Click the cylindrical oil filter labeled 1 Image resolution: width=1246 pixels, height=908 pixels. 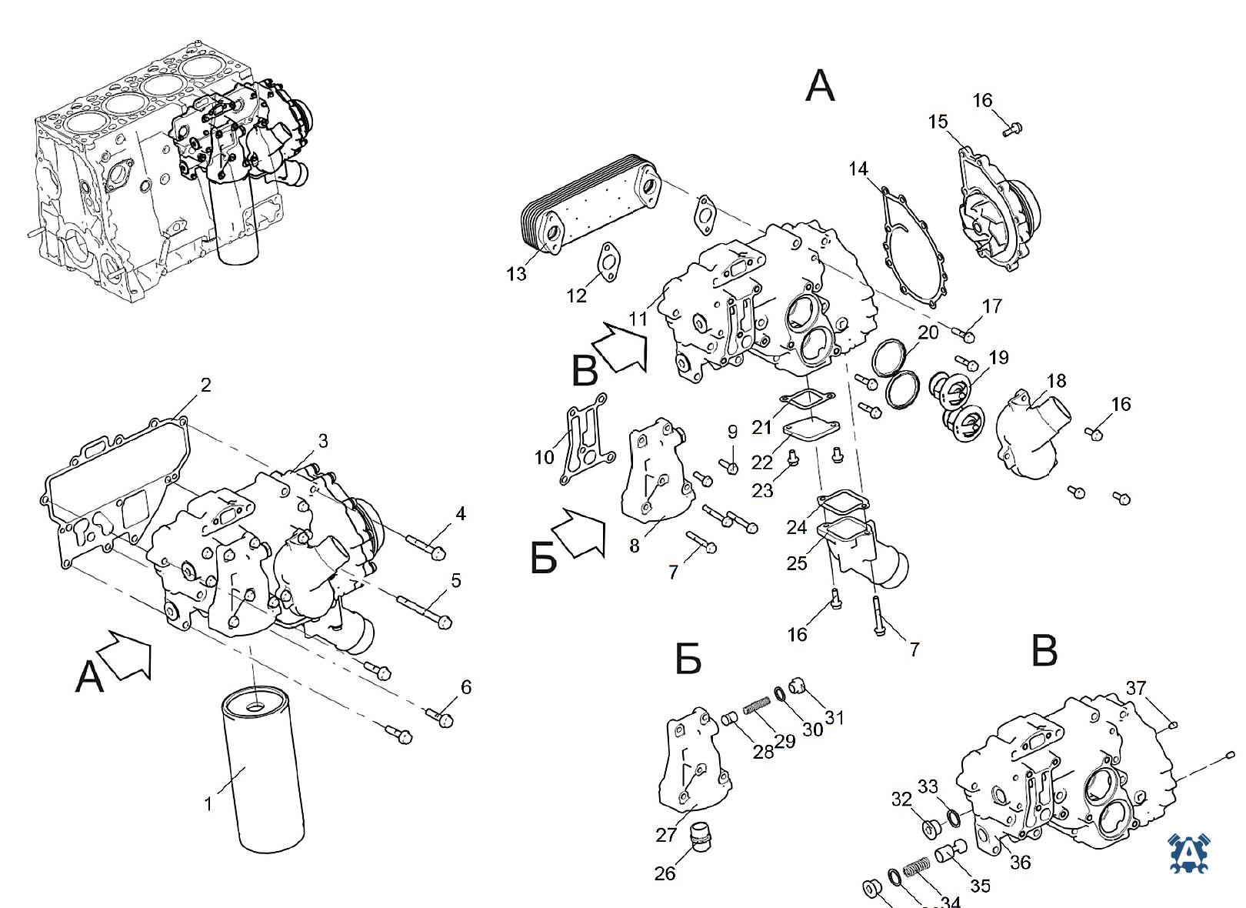point(262,770)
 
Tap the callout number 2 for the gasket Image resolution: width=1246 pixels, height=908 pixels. point(206,385)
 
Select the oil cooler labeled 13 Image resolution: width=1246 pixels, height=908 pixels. point(591,204)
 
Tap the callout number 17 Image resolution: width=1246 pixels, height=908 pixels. point(991,306)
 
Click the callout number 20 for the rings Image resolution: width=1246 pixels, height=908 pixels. point(928,332)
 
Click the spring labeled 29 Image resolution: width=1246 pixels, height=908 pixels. point(757,707)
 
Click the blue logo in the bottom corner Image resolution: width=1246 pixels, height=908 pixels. point(1188,853)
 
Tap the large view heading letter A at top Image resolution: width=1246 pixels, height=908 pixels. point(820,86)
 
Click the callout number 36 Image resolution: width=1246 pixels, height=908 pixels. point(1020,862)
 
